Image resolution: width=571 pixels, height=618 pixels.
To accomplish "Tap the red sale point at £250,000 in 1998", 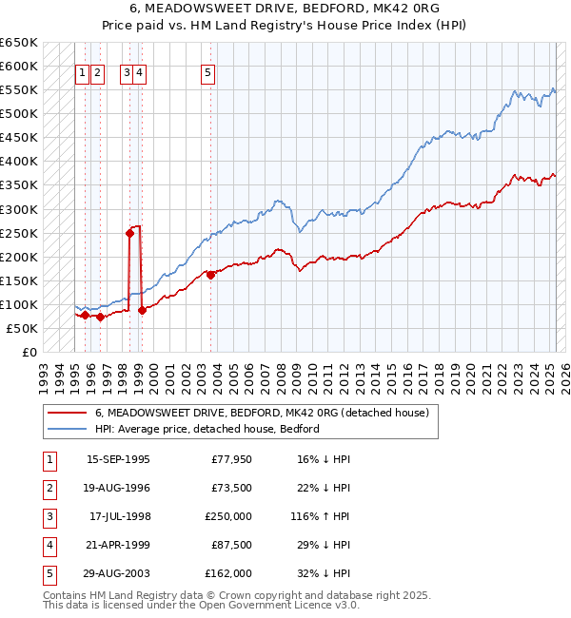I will point(128,232).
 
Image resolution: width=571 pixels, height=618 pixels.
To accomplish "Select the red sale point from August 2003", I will point(210,275).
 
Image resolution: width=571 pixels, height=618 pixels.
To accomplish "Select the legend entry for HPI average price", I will point(207,429).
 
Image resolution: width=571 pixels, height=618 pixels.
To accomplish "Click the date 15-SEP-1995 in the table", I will point(118,459).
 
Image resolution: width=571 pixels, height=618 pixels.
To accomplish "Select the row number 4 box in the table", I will point(48,545).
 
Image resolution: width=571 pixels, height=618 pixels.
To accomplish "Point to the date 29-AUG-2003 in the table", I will point(118,573).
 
